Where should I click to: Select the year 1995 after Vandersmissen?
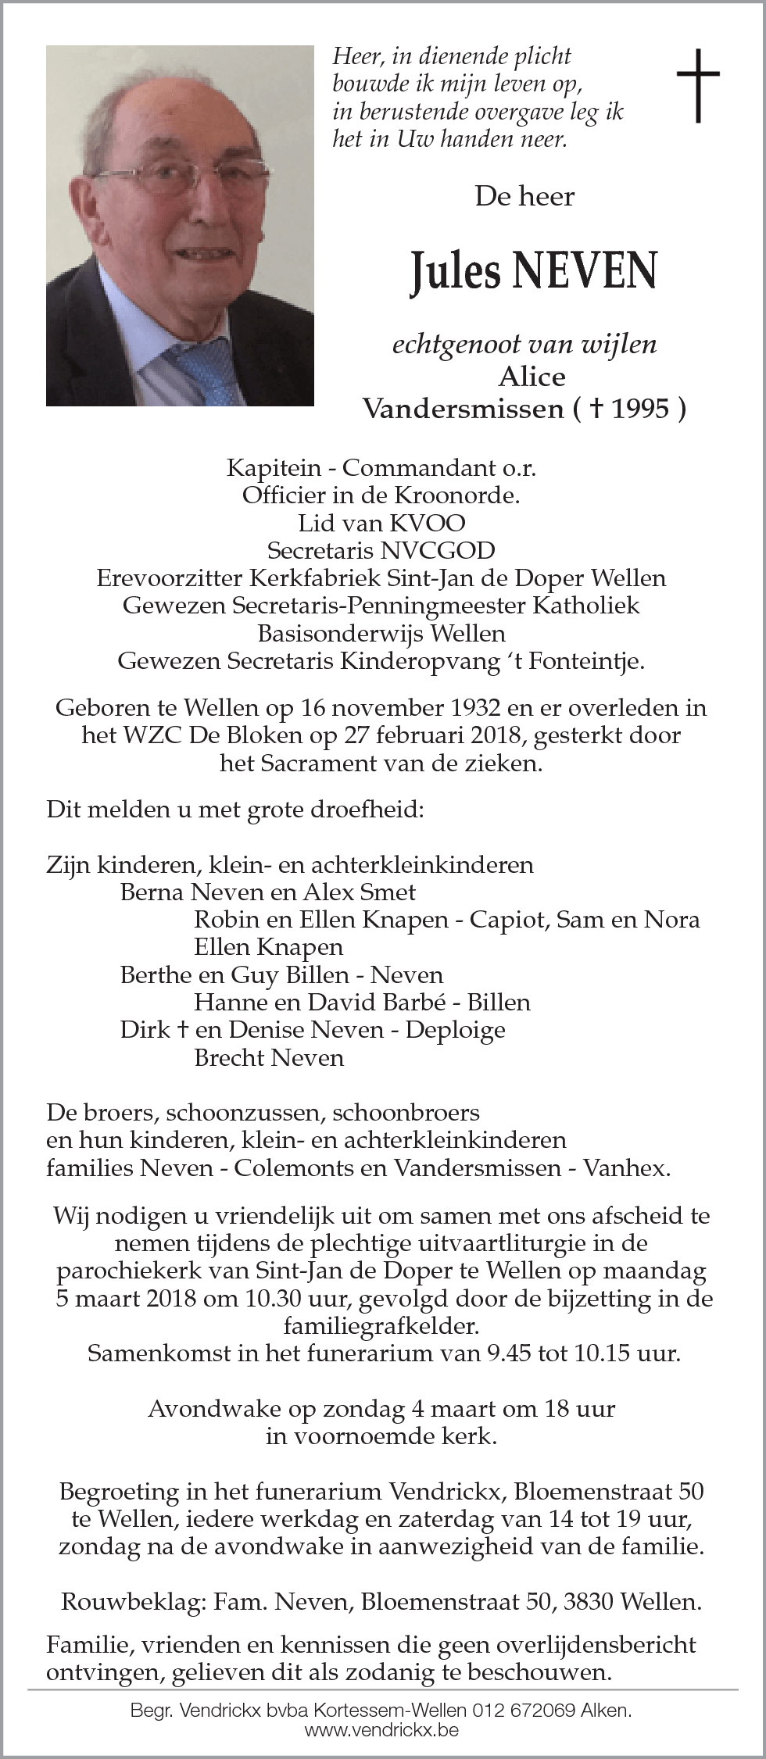pyautogui.click(x=640, y=409)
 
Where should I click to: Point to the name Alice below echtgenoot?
pyautogui.click(x=532, y=377)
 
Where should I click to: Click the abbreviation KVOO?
pyautogui.click(x=420, y=523)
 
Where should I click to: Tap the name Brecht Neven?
pyautogui.click(x=269, y=1057)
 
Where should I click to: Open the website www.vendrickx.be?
pyautogui.click(x=382, y=1729)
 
